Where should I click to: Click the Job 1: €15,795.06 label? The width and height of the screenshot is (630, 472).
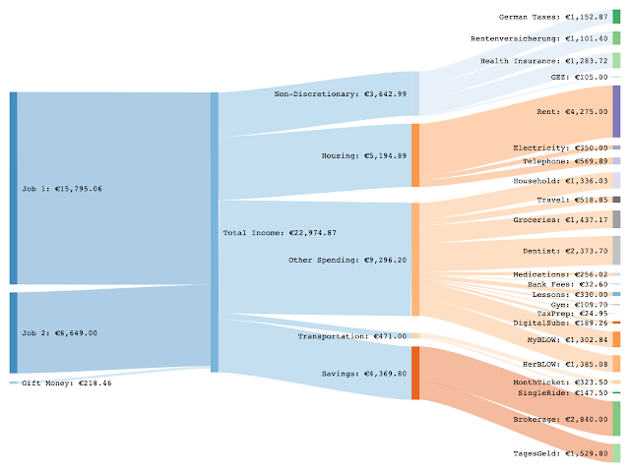click(61, 188)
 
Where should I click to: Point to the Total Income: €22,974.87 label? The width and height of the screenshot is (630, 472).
click(280, 233)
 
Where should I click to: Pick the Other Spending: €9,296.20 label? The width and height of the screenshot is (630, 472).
click(347, 261)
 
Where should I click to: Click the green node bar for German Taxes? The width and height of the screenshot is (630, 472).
click(616, 17)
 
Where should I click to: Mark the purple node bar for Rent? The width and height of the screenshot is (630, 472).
click(616, 111)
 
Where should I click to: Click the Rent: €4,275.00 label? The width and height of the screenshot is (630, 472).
click(571, 112)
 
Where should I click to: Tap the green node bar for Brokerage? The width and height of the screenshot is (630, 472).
click(616, 419)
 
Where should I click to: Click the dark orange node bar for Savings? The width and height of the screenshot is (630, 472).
click(415, 374)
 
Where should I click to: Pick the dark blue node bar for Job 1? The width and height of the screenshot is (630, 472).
click(13, 188)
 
